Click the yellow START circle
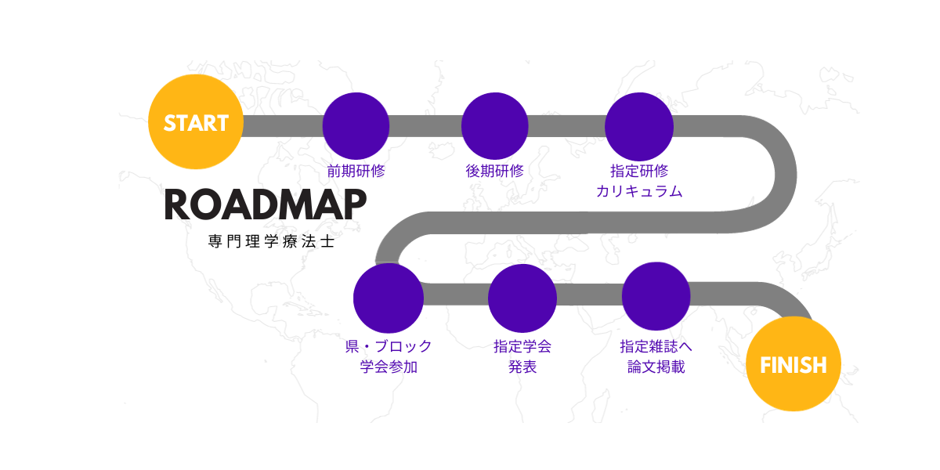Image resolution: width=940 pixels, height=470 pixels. pyautogui.click(x=196, y=121)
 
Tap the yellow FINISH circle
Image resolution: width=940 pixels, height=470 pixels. pyautogui.click(x=793, y=363)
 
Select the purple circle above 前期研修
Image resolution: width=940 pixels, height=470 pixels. pyautogui.click(x=356, y=126)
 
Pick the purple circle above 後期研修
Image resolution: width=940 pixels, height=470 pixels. pyautogui.click(x=495, y=126)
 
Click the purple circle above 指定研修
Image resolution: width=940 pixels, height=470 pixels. pyautogui.click(x=639, y=126)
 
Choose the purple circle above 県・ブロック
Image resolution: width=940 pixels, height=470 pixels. pyautogui.click(x=389, y=298)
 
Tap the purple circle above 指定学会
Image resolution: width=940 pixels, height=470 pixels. pyautogui.click(x=522, y=298)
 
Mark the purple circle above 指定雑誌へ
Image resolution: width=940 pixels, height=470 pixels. pyautogui.click(x=656, y=296)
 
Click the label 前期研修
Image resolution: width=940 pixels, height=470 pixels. pyautogui.click(x=356, y=171)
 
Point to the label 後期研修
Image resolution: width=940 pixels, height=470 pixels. pyautogui.click(x=495, y=171)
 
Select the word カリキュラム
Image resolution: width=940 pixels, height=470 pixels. pyautogui.click(x=639, y=191)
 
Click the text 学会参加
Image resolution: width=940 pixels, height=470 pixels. pyautogui.click(x=389, y=367)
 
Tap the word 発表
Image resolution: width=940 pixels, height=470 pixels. pyautogui.click(x=522, y=367)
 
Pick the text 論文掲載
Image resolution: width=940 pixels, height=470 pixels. pyautogui.click(x=656, y=367)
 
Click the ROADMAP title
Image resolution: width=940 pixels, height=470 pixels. pyautogui.click(x=266, y=204)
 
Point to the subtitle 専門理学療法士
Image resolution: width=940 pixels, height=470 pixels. pyautogui.click(x=271, y=241)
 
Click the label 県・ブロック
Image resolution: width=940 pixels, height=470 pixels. pyautogui.click(x=389, y=346)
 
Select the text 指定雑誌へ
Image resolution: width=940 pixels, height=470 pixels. pyautogui.click(x=656, y=346)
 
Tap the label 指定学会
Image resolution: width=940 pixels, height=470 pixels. pyautogui.click(x=522, y=346)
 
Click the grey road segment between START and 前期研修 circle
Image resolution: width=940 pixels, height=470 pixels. pyautogui.click(x=283, y=126)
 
